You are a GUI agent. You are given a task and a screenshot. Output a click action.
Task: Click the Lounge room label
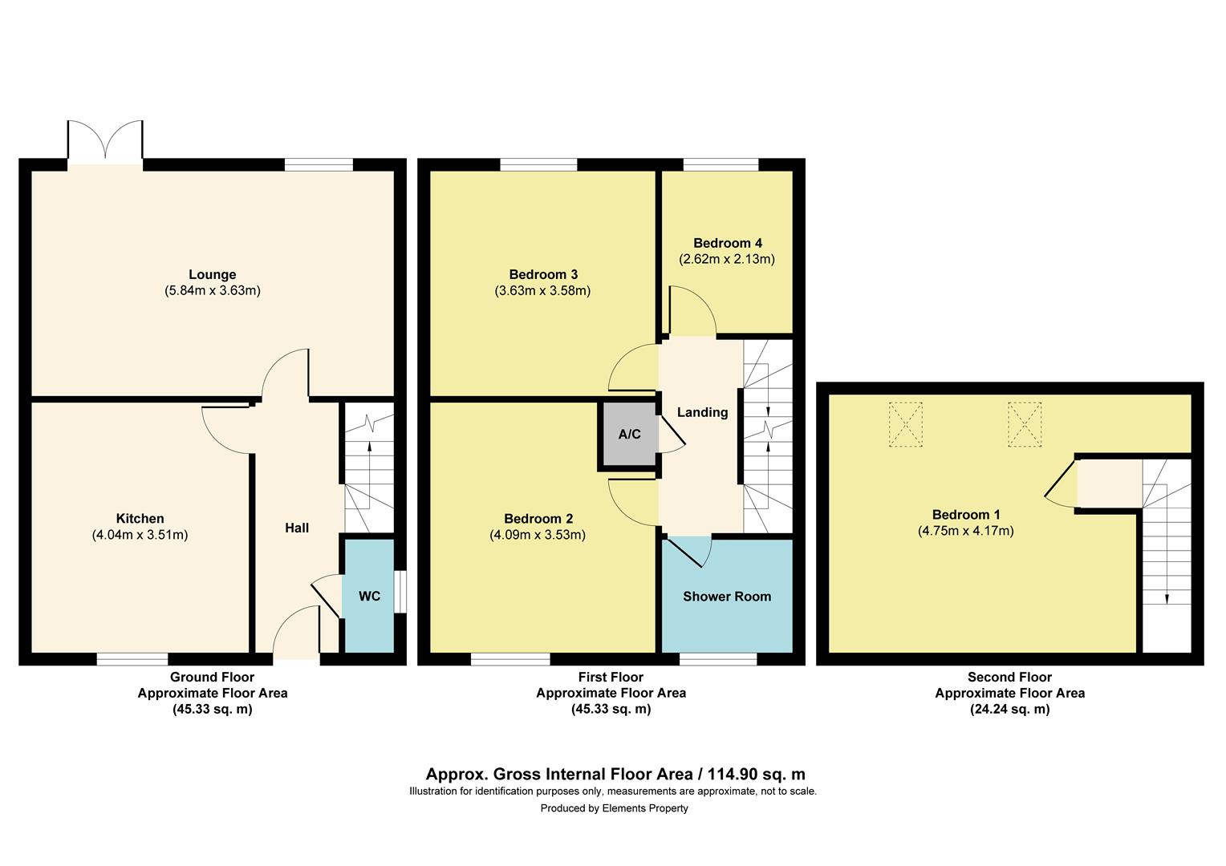pyautogui.click(x=212, y=275)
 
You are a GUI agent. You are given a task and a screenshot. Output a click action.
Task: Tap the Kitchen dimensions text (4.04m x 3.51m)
pyautogui.click(x=140, y=535)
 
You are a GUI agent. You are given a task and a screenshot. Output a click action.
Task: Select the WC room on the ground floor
pyautogui.click(x=369, y=596)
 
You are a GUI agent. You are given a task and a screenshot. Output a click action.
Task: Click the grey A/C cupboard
pyautogui.click(x=629, y=435)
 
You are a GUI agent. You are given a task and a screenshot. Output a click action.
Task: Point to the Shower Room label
pyautogui.click(x=727, y=597)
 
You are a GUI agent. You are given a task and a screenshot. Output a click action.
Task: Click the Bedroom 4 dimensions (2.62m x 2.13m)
pyautogui.click(x=727, y=259)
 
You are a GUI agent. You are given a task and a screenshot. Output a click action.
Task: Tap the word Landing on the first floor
pyautogui.click(x=702, y=412)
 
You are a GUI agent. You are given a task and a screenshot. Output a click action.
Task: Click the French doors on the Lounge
pyautogui.click(x=105, y=143)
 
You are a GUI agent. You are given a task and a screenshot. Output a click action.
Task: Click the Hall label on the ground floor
pyautogui.click(x=297, y=528)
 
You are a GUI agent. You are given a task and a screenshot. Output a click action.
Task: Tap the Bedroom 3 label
pyautogui.click(x=543, y=274)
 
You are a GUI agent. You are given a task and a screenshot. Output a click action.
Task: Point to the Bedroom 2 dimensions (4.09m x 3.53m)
pyautogui.click(x=538, y=535)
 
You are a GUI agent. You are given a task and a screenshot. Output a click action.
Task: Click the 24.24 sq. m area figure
pyautogui.click(x=1009, y=709)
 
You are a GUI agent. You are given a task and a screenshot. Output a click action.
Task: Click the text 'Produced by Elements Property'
pyautogui.click(x=614, y=808)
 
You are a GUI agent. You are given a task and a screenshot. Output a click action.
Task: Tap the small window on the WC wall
pyautogui.click(x=400, y=592)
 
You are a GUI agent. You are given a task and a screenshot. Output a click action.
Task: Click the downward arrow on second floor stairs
pyautogui.click(x=1166, y=597)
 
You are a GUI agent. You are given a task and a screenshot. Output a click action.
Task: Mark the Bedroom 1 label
pyautogui.click(x=966, y=515)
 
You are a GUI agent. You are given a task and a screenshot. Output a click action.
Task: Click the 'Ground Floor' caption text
pyautogui.click(x=212, y=678)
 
